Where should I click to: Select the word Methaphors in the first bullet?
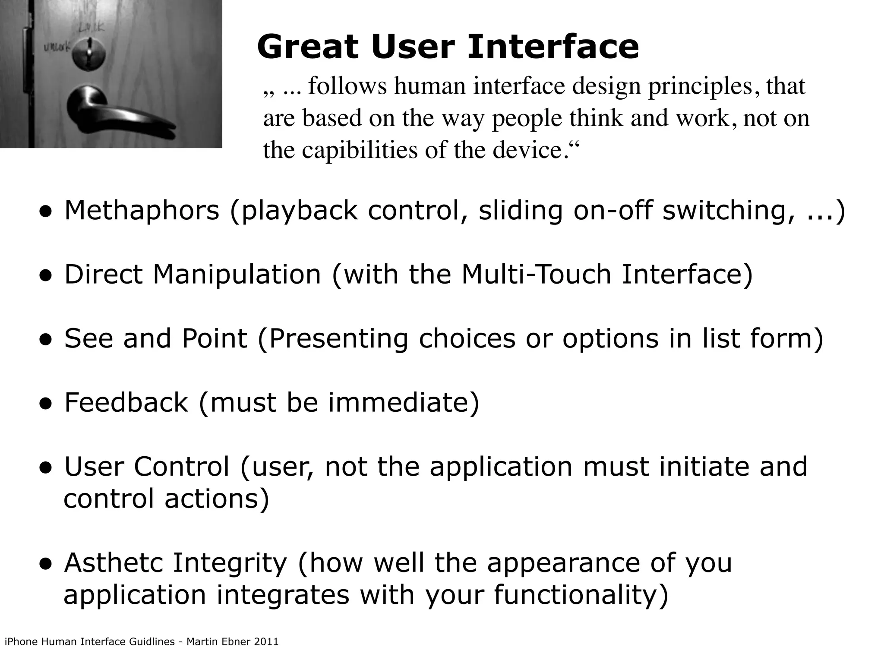click(x=142, y=211)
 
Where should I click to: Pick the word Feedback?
click(x=126, y=402)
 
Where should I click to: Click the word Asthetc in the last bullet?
click(x=113, y=562)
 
